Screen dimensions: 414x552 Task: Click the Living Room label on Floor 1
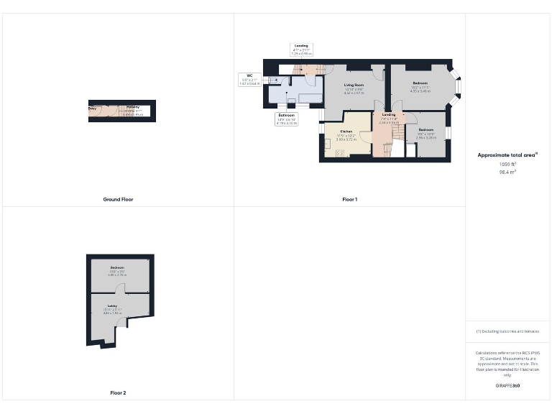[x=354, y=85]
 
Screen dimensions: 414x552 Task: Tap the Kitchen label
[x=346, y=132]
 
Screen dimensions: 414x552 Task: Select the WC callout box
[x=249, y=79]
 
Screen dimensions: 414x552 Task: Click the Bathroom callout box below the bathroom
[x=286, y=119]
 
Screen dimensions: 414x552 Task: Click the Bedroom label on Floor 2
[x=116, y=267]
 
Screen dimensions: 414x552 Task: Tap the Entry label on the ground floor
[x=93, y=109]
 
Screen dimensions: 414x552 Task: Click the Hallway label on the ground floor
[x=133, y=107]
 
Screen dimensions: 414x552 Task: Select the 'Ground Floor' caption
[x=118, y=199]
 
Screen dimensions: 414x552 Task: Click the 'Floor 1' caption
[x=349, y=199]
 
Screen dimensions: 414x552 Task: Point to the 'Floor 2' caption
[x=118, y=393]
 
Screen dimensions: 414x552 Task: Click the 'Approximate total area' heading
[x=507, y=155]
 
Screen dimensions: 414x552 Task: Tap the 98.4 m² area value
[x=508, y=172]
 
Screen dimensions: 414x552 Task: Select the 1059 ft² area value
[x=508, y=164]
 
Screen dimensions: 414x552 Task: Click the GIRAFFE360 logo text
[x=507, y=386]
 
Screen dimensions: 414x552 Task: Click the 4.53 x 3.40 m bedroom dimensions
[x=420, y=91]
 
